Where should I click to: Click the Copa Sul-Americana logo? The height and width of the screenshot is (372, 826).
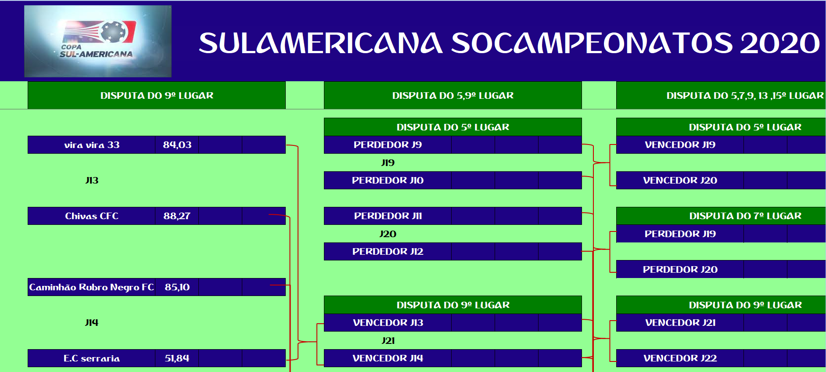click(98, 41)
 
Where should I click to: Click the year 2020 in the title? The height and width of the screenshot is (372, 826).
click(779, 43)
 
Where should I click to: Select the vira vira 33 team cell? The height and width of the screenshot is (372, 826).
click(92, 145)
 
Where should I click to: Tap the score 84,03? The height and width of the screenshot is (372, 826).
click(177, 145)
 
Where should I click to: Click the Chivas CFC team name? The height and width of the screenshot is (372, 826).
click(92, 216)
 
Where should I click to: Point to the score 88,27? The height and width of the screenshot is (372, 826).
click(177, 216)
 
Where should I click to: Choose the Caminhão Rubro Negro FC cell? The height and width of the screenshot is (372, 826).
click(92, 287)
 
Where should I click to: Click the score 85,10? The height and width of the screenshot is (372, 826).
click(177, 287)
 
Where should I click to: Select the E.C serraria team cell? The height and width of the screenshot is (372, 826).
click(92, 358)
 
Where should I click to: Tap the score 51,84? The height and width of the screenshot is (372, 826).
click(177, 358)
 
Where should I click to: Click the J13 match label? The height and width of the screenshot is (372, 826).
click(92, 181)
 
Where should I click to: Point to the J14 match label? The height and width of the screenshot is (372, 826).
click(92, 323)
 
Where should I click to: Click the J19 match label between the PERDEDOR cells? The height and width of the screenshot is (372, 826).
click(388, 163)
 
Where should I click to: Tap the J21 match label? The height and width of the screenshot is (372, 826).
click(388, 341)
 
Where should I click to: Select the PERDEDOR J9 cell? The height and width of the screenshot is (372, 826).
click(388, 145)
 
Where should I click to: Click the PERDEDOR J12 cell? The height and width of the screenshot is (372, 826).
click(388, 252)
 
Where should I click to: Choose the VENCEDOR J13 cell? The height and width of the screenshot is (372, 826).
click(388, 323)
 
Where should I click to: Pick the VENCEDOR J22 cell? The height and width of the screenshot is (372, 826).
click(680, 358)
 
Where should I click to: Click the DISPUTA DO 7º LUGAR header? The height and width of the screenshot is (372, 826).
click(745, 216)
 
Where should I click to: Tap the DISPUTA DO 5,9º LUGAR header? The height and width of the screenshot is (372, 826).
click(453, 95)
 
